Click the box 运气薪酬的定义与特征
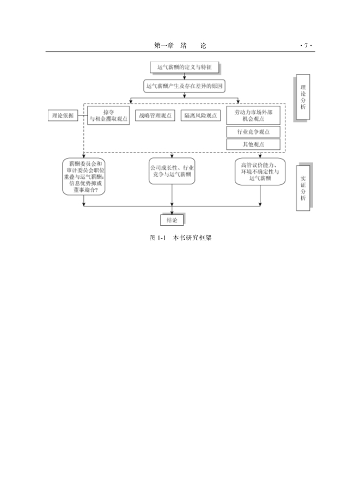click(x=185, y=68)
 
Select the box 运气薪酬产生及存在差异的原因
click(x=185, y=86)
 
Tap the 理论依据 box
click(x=62, y=114)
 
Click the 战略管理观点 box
click(x=155, y=115)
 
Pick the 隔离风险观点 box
click(x=200, y=115)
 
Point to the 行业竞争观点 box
click(x=253, y=132)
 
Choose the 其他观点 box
click(x=253, y=144)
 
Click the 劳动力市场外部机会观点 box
click(x=253, y=115)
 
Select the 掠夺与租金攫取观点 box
click(x=108, y=115)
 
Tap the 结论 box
click(x=172, y=220)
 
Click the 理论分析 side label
click(x=303, y=96)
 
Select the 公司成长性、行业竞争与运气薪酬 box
click(x=172, y=171)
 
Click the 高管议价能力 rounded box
click(x=260, y=171)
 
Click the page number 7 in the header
click(x=307, y=45)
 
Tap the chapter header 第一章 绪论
click(x=180, y=45)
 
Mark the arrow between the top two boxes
click(x=185, y=77)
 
